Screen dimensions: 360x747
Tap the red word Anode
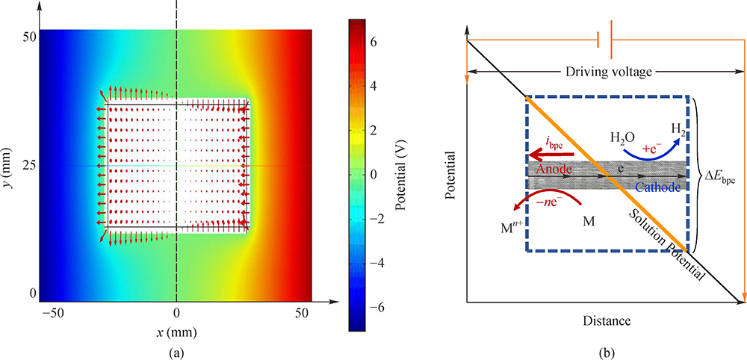tap(554, 170)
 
